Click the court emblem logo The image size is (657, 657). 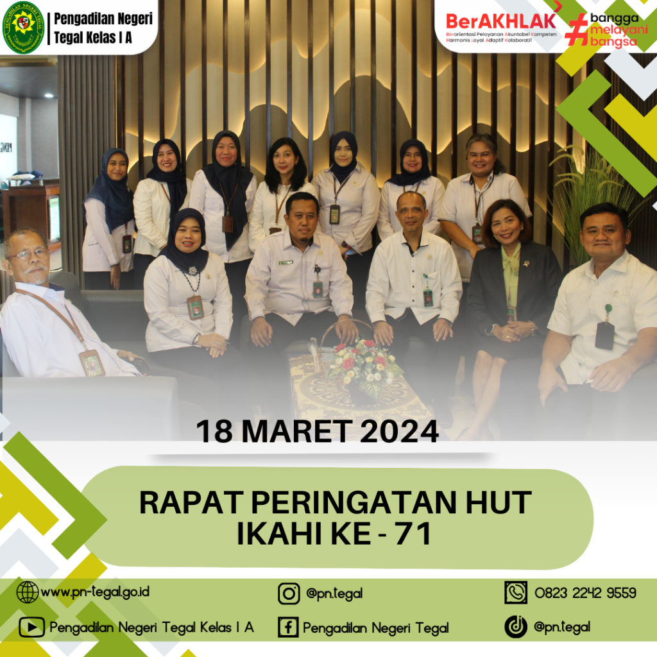click(x=24, y=28)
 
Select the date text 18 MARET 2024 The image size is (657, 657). click(x=317, y=431)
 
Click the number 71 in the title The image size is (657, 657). click(x=413, y=534)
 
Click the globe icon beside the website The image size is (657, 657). click(x=28, y=592)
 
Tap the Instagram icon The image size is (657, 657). click(x=289, y=593)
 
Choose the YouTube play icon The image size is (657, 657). click(x=31, y=627)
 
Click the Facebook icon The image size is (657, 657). click(x=288, y=627)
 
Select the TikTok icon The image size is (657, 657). click(x=515, y=627)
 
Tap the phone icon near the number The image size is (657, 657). click(x=516, y=592)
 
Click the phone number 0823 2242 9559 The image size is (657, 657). click(x=585, y=593)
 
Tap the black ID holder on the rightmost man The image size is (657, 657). click(x=604, y=334)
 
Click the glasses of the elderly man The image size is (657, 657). click(x=29, y=254)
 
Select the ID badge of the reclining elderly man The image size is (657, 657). click(x=92, y=363)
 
